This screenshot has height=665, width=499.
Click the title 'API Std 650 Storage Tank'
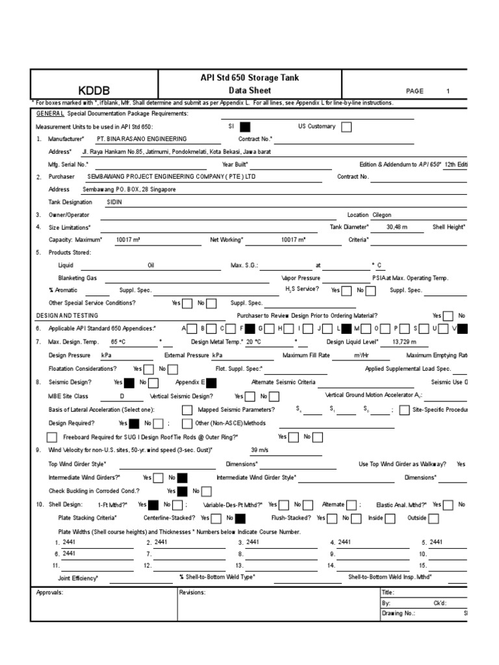249,78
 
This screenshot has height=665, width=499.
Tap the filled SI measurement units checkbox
245,127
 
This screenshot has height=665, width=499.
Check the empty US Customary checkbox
346,127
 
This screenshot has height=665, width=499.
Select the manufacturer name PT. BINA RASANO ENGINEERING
141,139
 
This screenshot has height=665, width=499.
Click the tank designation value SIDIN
114,202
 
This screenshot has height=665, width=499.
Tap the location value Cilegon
382,215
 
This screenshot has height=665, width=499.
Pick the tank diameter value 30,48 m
398,227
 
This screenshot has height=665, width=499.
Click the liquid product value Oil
151,265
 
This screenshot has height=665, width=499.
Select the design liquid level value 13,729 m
404,341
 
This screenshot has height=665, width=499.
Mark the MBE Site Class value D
122,395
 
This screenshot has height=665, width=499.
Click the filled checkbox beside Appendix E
212,383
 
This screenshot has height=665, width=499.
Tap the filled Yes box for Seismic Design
129,383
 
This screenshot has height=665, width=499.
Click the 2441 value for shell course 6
70,553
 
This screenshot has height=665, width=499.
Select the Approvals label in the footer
49,592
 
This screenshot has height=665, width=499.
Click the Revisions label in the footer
193,592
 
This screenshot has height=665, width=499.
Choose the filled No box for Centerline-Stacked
240,518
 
